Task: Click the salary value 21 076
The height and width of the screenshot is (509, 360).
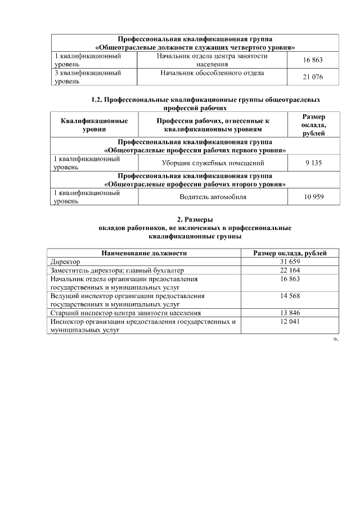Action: point(312,77)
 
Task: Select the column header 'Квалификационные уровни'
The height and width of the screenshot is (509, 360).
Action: point(94,125)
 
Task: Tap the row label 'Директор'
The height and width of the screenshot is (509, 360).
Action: point(65,262)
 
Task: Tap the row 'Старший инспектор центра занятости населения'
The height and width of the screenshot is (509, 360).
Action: point(125,313)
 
